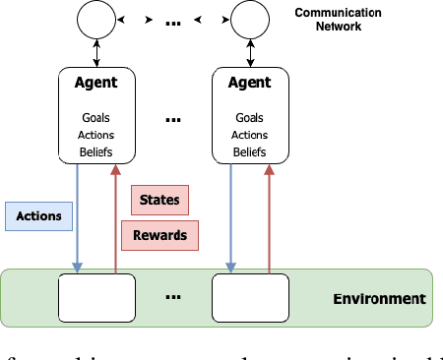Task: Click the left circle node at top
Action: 96,18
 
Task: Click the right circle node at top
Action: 250,18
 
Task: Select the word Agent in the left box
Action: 96,84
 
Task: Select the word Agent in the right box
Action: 250,84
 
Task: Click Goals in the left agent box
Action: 96,118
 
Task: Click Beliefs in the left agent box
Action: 96,151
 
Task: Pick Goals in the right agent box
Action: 250,118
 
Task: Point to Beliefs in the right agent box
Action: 250,151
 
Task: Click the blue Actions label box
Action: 38,216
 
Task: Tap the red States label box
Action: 159,200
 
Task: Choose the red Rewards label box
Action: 159,234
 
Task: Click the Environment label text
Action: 378,299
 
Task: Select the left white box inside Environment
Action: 96,298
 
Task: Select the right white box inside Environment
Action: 250,298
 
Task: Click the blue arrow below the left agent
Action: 77,216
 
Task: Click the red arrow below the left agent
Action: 116,216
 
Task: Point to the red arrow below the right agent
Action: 270,216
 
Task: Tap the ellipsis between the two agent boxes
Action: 173,120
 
